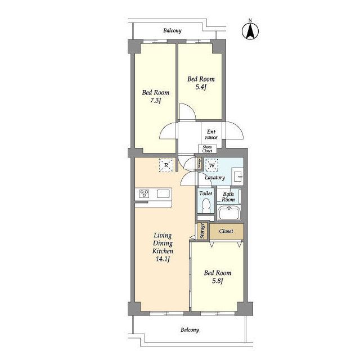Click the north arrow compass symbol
[x=250, y=30]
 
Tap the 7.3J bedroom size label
[x=155, y=101]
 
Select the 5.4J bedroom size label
[x=201, y=87]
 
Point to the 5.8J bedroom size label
[x=218, y=281]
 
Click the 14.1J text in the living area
[x=163, y=259]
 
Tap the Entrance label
[x=211, y=134]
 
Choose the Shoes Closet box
[x=208, y=149]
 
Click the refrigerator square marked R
[x=166, y=165]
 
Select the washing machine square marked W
[x=211, y=165]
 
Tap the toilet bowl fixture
[x=205, y=205]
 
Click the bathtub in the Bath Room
[x=229, y=213]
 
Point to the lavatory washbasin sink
[x=237, y=176]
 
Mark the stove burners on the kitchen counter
[x=144, y=193]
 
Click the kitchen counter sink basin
[x=163, y=193]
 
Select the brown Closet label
[x=226, y=231]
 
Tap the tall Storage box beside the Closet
[x=202, y=231]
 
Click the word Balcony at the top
[x=173, y=30]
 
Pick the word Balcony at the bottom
[x=190, y=330]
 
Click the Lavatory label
[x=215, y=178]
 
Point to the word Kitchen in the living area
[x=163, y=251]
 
